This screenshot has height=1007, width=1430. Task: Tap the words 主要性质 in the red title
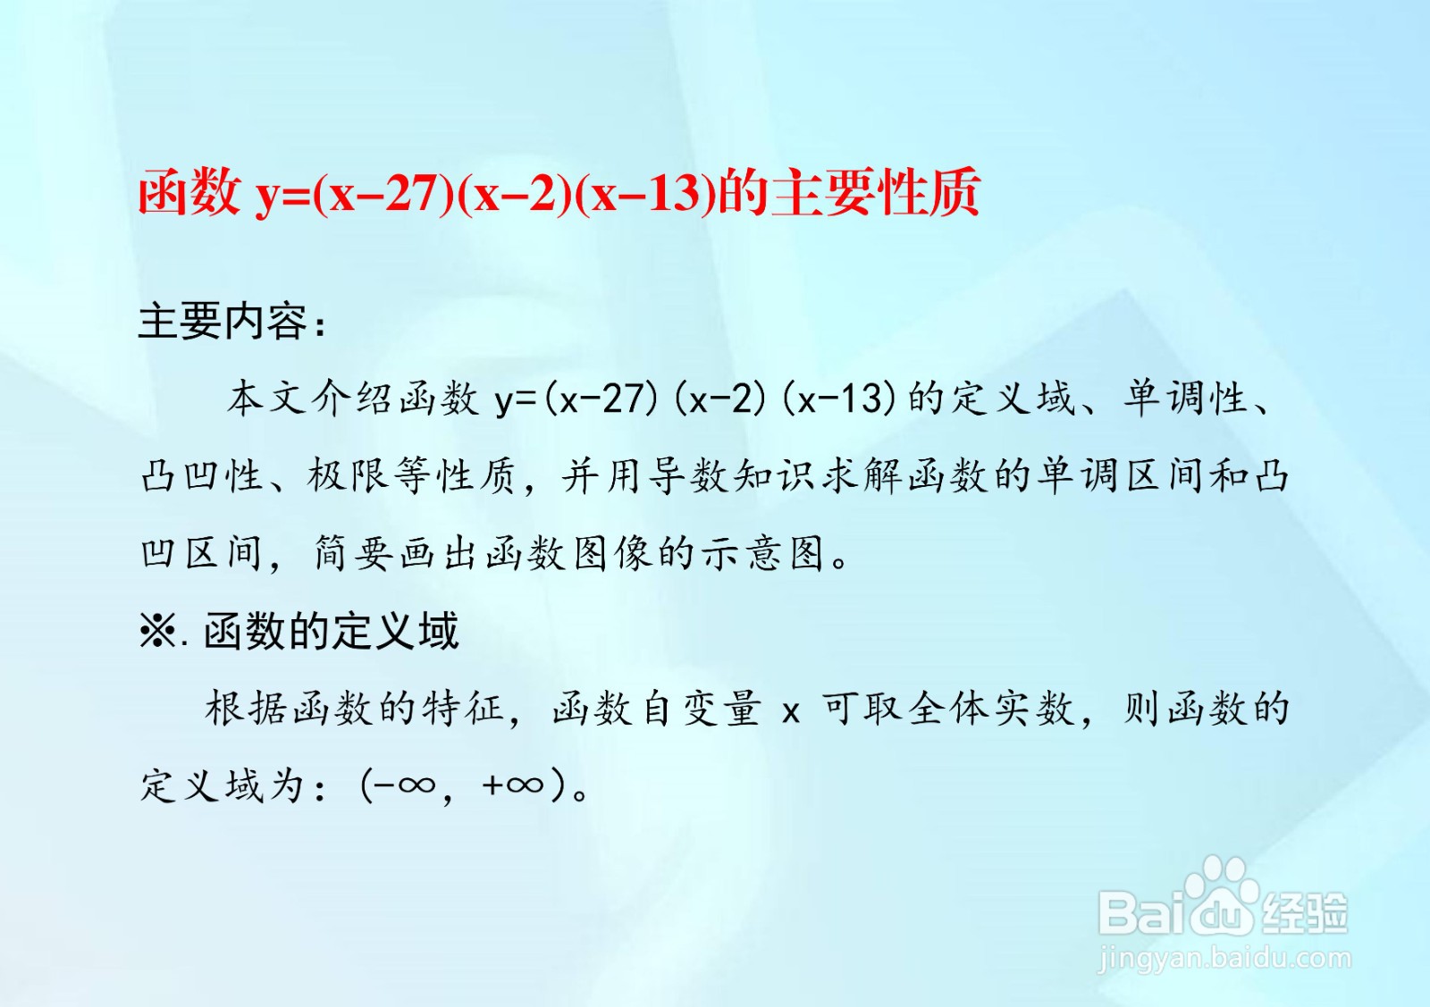(x=875, y=192)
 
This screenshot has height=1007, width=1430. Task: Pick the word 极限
(x=348, y=476)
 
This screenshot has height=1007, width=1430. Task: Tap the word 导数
(x=688, y=476)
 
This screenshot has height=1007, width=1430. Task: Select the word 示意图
(x=761, y=552)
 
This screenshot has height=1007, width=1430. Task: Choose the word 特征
(x=462, y=709)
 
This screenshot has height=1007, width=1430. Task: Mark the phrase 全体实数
(x=991, y=709)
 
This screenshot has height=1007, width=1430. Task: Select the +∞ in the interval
(x=513, y=785)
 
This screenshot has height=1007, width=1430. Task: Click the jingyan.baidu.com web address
(x=1224, y=960)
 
